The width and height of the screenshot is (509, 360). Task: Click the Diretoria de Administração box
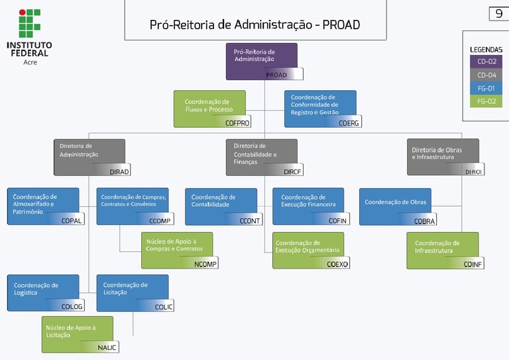point(89,156)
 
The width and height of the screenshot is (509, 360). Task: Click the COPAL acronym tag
point(72,221)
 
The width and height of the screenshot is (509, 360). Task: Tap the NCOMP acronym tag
point(205,264)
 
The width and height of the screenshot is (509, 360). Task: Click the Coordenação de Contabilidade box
point(221,206)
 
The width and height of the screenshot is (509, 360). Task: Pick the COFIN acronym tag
point(337,221)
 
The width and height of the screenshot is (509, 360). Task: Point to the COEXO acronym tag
point(337,264)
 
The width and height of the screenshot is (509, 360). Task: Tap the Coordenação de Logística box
point(43,292)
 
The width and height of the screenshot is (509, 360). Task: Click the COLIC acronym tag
point(163,306)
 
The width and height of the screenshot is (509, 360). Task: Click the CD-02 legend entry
point(486,62)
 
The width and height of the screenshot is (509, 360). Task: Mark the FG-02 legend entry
point(486,101)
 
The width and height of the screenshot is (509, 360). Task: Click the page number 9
point(498,14)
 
